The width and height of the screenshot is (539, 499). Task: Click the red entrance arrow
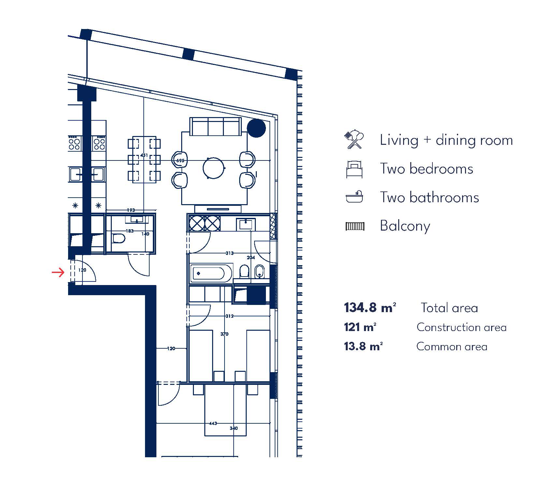58,272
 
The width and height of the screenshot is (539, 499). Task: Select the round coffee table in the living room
214,168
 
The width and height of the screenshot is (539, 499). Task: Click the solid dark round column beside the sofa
256,128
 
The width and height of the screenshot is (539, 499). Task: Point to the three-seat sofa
215,127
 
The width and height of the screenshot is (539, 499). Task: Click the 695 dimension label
180,160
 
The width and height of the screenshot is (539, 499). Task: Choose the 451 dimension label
144,155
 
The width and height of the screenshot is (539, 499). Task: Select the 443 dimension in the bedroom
213,423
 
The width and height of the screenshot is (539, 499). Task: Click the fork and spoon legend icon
354,140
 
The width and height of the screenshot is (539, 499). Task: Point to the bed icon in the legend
355,169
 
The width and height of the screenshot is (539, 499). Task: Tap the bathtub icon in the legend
355,197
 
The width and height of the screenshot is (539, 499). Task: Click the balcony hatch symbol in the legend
355,226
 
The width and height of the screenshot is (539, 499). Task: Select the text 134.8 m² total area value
370,308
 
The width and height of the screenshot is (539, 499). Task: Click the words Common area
452,346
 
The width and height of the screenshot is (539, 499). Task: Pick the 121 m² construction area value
360,327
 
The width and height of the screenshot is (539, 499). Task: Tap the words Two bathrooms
430,197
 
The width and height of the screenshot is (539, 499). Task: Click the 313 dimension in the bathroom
229,253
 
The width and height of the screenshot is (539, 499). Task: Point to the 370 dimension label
224,334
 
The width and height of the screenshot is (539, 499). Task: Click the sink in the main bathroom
246,224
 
